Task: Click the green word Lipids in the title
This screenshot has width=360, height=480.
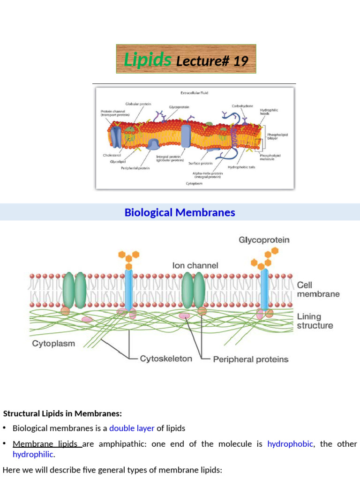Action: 147,60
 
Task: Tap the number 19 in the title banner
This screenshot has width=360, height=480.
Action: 240,61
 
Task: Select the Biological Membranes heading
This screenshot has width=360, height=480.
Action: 180,212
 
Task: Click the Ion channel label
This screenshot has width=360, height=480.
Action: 195,265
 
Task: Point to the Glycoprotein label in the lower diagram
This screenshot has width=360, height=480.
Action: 264,240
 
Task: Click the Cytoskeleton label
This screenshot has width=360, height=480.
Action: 166,359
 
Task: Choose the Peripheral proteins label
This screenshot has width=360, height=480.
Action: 251,360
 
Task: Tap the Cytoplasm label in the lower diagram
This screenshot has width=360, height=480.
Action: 53,344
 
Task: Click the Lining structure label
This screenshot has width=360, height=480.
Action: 315,321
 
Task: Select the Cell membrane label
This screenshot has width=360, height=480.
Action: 318,290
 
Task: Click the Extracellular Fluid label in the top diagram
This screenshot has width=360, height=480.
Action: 194,93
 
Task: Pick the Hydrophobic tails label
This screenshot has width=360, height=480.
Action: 241,167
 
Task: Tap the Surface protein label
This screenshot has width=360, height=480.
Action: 201,164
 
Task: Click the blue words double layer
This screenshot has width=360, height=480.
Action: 132,428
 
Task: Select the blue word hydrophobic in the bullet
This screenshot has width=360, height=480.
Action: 290,444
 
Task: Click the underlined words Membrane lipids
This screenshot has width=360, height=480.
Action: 45,444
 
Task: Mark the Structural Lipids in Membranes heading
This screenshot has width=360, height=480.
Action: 62,413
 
